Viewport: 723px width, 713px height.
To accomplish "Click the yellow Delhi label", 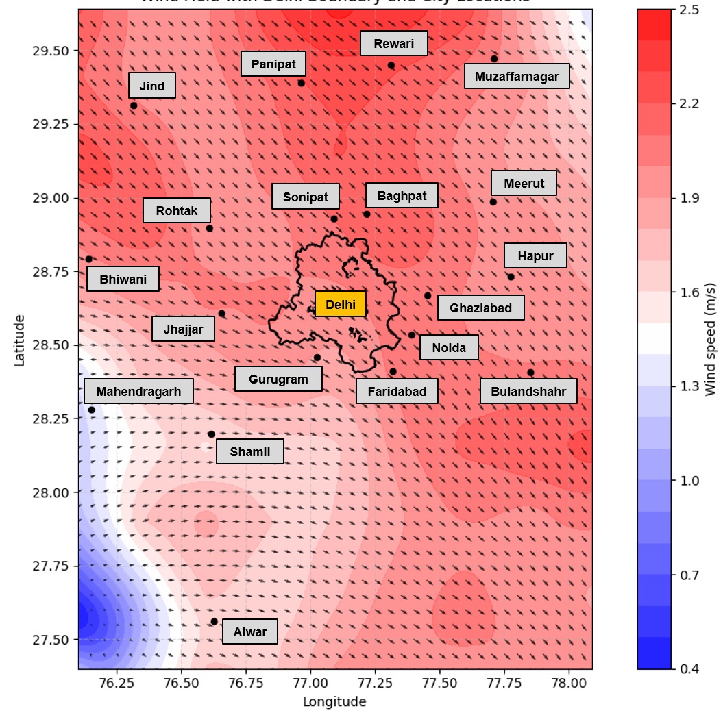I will (x=341, y=304).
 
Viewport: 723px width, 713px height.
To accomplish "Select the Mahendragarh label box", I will (x=138, y=392).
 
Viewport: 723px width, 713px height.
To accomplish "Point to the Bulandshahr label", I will (x=528, y=392).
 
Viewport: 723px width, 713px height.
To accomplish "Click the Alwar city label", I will (x=249, y=631).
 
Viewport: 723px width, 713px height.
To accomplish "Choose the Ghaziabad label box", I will (x=480, y=308).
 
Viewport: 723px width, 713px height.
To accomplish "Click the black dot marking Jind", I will (x=134, y=105).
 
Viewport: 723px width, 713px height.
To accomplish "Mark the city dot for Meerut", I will (x=493, y=201).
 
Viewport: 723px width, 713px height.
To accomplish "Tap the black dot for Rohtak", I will (x=210, y=228).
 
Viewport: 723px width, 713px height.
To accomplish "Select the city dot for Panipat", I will (x=301, y=83).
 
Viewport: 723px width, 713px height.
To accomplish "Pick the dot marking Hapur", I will (x=511, y=277).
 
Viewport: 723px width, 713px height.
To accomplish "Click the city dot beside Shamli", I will (x=211, y=434).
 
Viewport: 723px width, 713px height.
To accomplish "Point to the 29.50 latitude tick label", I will (x=51, y=51).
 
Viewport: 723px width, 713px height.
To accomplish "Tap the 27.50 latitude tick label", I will (x=51, y=640).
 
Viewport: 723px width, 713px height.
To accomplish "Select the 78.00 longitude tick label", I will (x=569, y=684).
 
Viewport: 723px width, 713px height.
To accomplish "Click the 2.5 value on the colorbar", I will (x=689, y=10).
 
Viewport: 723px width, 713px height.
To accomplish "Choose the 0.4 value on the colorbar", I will (x=689, y=668).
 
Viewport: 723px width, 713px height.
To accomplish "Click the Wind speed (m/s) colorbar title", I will (x=711, y=340).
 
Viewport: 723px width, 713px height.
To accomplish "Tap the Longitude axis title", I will (x=334, y=701).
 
